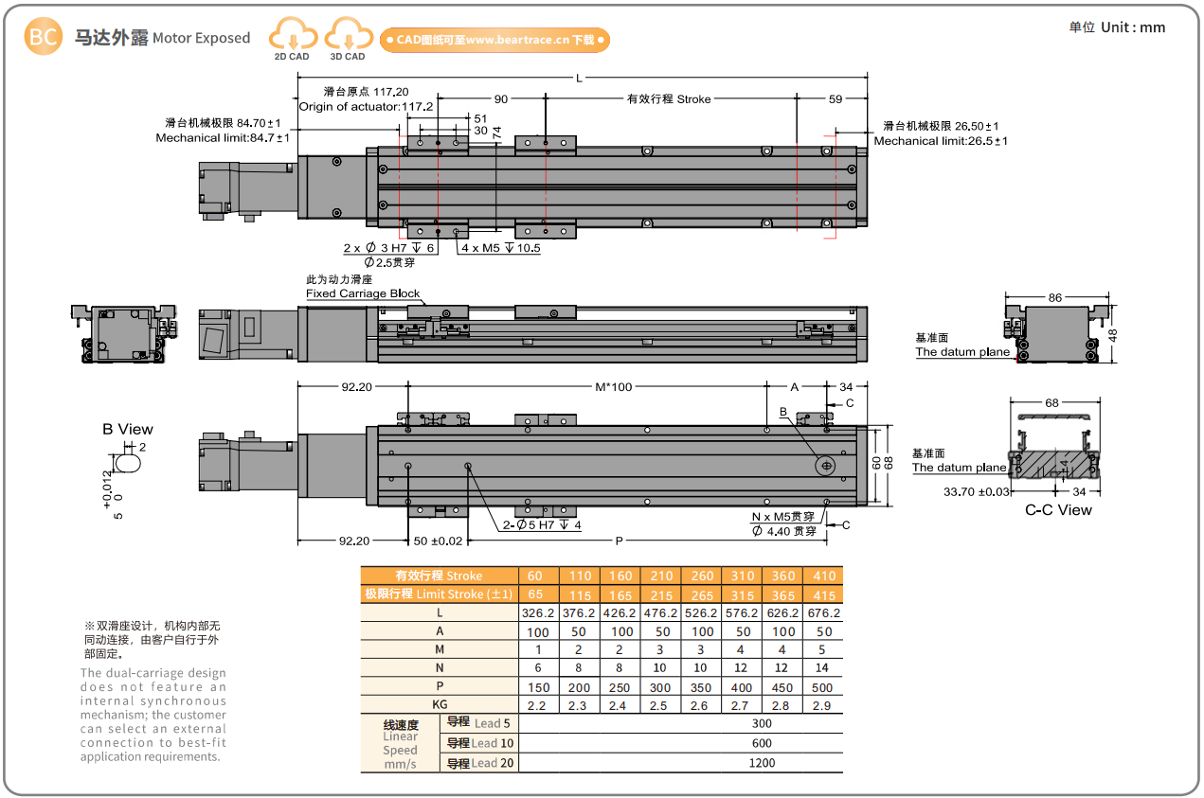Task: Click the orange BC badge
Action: pyautogui.click(x=42, y=37)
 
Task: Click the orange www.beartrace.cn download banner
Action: pyautogui.click(x=494, y=40)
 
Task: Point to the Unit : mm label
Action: pyautogui.click(x=1118, y=27)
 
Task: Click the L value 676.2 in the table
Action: pyautogui.click(x=820, y=612)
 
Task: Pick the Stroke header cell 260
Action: pyautogui.click(x=702, y=576)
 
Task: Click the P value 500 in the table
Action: pyautogui.click(x=820, y=687)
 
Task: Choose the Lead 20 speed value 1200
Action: pyautogui.click(x=761, y=762)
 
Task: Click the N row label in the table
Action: pyautogui.click(x=439, y=668)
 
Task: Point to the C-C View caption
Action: pyautogui.click(x=1058, y=510)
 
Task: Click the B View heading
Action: pyautogui.click(x=128, y=429)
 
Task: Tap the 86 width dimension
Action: pyautogui.click(x=1054, y=297)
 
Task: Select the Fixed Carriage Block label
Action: pyautogui.click(x=363, y=293)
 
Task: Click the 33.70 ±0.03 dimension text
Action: pyautogui.click(x=978, y=491)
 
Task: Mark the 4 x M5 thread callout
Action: pyautogui.click(x=500, y=248)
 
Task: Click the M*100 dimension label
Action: pyautogui.click(x=613, y=387)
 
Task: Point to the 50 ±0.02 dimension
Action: pyautogui.click(x=439, y=541)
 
